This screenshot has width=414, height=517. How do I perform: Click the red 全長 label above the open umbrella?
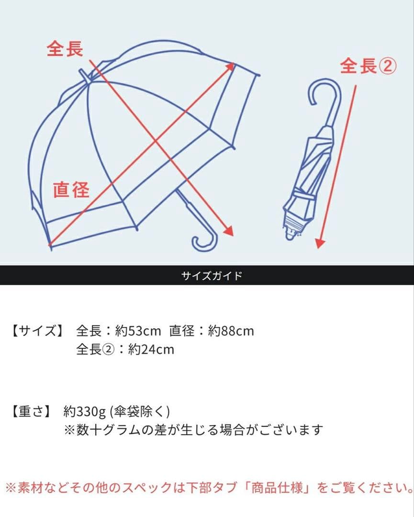click(x=65, y=49)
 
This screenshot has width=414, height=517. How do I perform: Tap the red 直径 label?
click(x=71, y=190)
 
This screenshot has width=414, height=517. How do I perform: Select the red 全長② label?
click(x=368, y=66)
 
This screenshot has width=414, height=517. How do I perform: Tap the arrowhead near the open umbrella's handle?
click(x=228, y=231)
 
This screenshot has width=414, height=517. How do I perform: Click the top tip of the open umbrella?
click(x=84, y=74)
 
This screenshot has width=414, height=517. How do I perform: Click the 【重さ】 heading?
click(x=31, y=411)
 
